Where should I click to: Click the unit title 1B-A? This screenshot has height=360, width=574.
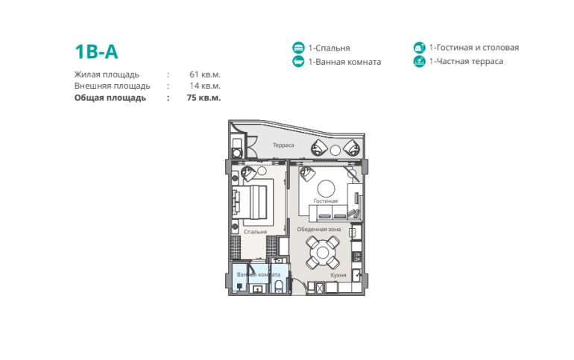coord(96,51)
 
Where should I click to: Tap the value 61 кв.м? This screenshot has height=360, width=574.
coord(205,75)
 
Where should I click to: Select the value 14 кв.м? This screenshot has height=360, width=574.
coord(205,86)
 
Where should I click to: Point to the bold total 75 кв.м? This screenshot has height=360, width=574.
coord(204,98)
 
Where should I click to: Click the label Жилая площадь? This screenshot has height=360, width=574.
coord(107,75)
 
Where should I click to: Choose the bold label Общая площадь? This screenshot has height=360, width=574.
coord(110,98)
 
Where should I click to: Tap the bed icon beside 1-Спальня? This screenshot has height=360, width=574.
coord(298,48)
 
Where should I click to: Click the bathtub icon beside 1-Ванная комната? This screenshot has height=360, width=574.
coord(298,61)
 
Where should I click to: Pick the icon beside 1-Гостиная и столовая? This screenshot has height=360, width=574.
coord(420,47)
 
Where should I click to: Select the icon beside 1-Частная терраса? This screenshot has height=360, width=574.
coord(420,61)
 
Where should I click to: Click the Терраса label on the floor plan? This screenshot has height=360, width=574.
coord(283,145)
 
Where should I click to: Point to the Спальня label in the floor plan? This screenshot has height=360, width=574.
coord(255,232)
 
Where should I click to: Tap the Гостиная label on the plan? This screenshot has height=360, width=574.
coord(326,200)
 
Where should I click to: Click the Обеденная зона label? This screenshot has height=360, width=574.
coord(319,230)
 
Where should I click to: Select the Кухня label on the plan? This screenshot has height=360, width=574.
coord(338,275)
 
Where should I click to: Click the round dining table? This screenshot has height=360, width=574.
coord(323,253)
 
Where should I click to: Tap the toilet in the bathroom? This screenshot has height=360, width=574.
coord(278,285)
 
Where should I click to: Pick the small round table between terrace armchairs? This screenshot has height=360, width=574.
coord(335,150)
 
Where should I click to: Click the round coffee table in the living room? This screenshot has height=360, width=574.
coord(327,189)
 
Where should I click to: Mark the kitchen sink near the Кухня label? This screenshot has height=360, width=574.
coord(356,275)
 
